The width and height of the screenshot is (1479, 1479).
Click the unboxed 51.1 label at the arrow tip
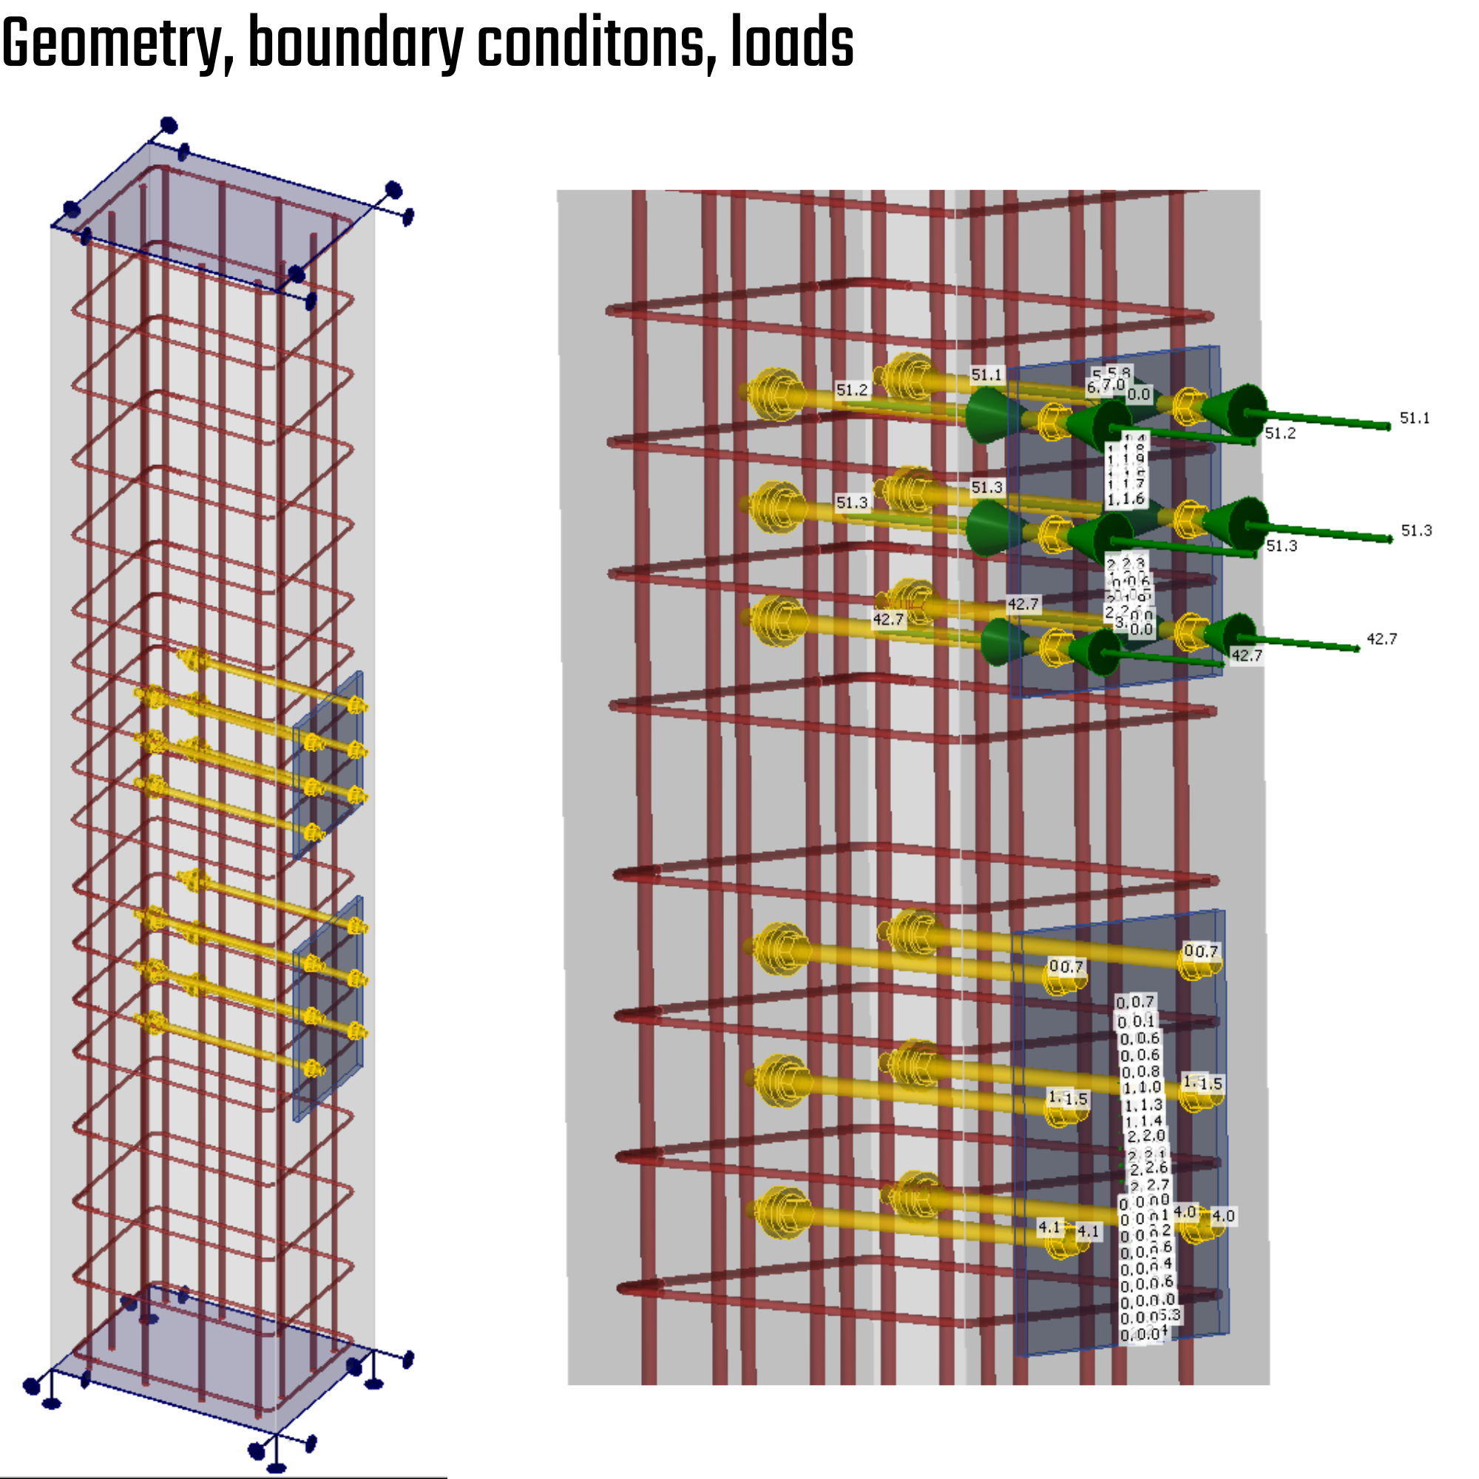[x=1414, y=419]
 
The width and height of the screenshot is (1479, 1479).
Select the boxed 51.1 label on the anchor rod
[x=986, y=375]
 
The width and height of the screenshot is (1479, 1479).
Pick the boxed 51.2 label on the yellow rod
[x=851, y=390]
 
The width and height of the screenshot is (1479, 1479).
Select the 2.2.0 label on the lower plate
[x=1145, y=1136]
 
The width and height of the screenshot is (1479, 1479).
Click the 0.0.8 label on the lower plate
[x=1140, y=1072]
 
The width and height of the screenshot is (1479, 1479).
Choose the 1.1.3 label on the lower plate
[x=1143, y=1105]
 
